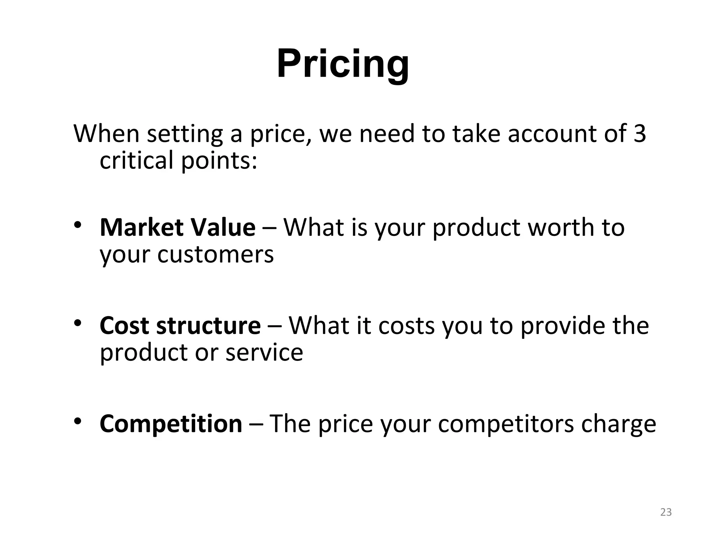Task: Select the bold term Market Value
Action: [x=178, y=228]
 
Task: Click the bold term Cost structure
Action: [x=180, y=326]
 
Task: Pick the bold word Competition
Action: [x=171, y=424]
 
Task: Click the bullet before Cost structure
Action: [x=78, y=323]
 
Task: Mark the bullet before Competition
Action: [x=78, y=421]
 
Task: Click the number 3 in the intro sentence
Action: [x=639, y=134]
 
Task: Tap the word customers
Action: [x=215, y=254]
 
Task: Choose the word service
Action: [x=264, y=352]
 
